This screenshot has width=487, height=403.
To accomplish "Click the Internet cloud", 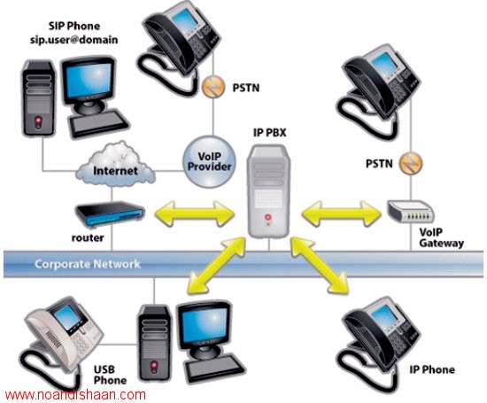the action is [115, 165].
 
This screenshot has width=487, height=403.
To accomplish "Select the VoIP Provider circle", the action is [209, 161].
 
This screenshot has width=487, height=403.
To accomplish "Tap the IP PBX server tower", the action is [268, 191].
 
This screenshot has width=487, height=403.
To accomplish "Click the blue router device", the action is [111, 213].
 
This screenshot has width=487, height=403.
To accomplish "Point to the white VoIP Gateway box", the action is [411, 212].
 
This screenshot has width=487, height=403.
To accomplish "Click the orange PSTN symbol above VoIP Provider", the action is [213, 87].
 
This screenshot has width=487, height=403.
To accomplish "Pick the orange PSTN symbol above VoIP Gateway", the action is [411, 164].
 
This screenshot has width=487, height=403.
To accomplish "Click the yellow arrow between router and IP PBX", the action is [195, 213].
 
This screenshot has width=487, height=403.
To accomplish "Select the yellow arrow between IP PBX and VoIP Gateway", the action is [341, 213].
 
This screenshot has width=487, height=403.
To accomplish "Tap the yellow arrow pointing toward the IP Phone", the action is [320, 266].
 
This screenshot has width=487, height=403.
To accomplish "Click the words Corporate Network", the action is [88, 264].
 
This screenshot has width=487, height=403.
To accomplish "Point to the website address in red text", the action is [75, 395].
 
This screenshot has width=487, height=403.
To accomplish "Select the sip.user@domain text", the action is [73, 40].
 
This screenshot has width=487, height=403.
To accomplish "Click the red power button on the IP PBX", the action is [268, 217].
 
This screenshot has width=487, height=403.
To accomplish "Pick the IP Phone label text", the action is [432, 369].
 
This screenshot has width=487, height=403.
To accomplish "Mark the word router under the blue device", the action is [88, 238].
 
